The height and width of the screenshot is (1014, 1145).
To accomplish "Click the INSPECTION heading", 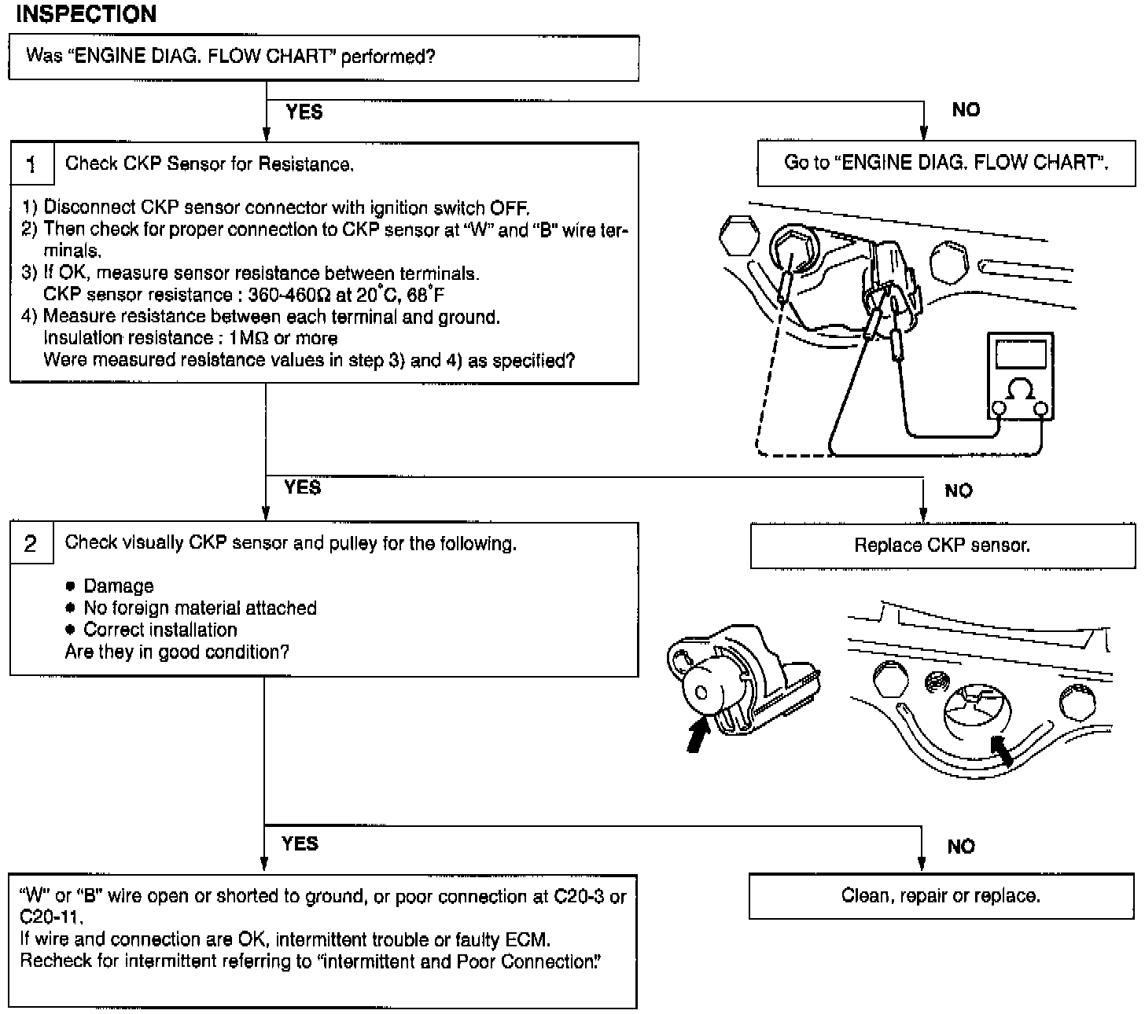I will [x=87, y=14].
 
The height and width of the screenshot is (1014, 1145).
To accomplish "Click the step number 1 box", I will [x=31, y=164].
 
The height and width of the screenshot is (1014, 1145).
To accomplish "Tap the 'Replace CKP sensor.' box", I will [x=942, y=546].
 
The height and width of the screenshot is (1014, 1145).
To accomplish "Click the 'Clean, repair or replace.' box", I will [x=941, y=896].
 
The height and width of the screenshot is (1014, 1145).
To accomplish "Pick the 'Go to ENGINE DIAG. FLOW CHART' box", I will [x=946, y=163].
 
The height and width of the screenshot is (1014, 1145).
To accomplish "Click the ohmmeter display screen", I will [x=1020, y=353].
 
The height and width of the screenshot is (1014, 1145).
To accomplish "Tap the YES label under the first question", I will [x=304, y=112].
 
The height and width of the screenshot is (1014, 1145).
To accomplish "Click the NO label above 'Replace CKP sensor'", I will [x=959, y=491].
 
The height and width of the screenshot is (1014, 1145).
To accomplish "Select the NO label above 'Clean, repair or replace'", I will [x=961, y=847].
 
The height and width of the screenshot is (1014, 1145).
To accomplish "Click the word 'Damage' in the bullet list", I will [x=119, y=586].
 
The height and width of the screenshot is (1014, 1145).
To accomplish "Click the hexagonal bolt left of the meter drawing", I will [x=736, y=233].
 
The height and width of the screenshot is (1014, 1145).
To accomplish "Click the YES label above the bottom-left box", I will [x=300, y=844].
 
